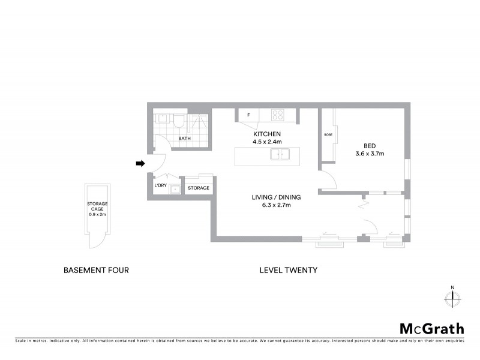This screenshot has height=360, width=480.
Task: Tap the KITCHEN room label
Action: click(x=267, y=134)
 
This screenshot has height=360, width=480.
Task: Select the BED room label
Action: click(x=370, y=146)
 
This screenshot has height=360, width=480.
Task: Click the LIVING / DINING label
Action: click(x=276, y=197)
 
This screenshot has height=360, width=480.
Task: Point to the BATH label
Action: click(x=185, y=139)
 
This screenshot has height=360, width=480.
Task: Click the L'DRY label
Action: click(x=160, y=185)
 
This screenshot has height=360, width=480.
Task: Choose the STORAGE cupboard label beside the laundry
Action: click(x=199, y=188)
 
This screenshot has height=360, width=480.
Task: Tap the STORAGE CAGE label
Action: click(x=98, y=207)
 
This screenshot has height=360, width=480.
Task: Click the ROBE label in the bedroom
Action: click(x=328, y=134)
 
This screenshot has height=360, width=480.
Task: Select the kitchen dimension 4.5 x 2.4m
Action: click(x=267, y=142)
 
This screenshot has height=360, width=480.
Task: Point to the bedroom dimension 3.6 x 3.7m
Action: click(x=370, y=154)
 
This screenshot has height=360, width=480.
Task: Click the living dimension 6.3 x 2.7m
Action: click(x=276, y=205)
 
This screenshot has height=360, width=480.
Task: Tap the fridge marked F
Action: click(x=248, y=115)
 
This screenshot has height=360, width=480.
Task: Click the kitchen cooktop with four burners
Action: click(x=277, y=114)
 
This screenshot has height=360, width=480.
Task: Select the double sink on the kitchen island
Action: click(x=280, y=155)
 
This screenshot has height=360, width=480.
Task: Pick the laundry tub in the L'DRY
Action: click(x=174, y=190)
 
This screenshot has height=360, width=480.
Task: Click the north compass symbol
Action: click(x=452, y=296)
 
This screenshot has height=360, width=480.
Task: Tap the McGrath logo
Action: click(x=432, y=328)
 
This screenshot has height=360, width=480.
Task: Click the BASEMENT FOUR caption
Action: click(x=96, y=270)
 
